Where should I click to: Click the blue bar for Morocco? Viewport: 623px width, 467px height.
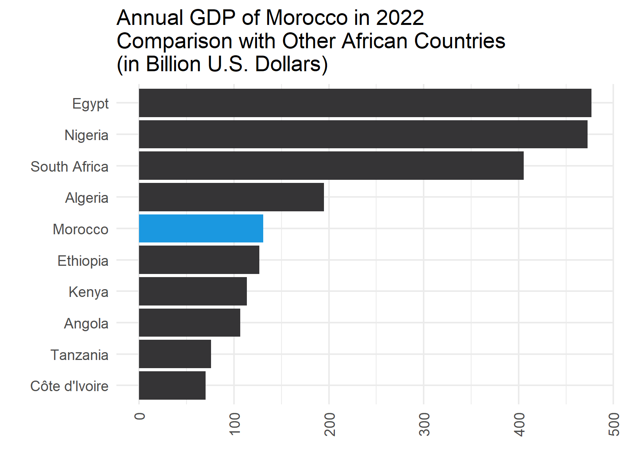pyautogui.click(x=201, y=228)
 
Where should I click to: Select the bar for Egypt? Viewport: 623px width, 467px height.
pyautogui.click(x=365, y=103)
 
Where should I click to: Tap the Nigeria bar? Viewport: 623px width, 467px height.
pyautogui.click(x=363, y=134)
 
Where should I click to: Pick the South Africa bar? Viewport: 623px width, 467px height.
pyautogui.click(x=331, y=166)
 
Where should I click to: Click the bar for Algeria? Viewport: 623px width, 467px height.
pyautogui.click(x=231, y=197)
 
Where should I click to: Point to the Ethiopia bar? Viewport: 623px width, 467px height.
pyautogui.click(x=199, y=260)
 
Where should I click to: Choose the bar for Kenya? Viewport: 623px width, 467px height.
pyautogui.click(x=193, y=291)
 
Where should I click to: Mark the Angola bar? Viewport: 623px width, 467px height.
pyautogui.click(x=190, y=323)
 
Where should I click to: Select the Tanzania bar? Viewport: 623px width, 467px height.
pyautogui.click(x=175, y=354)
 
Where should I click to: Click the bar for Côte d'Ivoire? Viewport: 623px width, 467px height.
pyautogui.click(x=172, y=386)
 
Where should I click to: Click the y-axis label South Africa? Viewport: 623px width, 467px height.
pyautogui.click(x=69, y=167)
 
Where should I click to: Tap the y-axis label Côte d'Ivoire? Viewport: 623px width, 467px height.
pyautogui.click(x=69, y=386)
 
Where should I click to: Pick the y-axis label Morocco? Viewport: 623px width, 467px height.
pyautogui.click(x=80, y=230)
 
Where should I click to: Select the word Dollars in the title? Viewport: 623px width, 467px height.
pyautogui.click(x=291, y=65)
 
